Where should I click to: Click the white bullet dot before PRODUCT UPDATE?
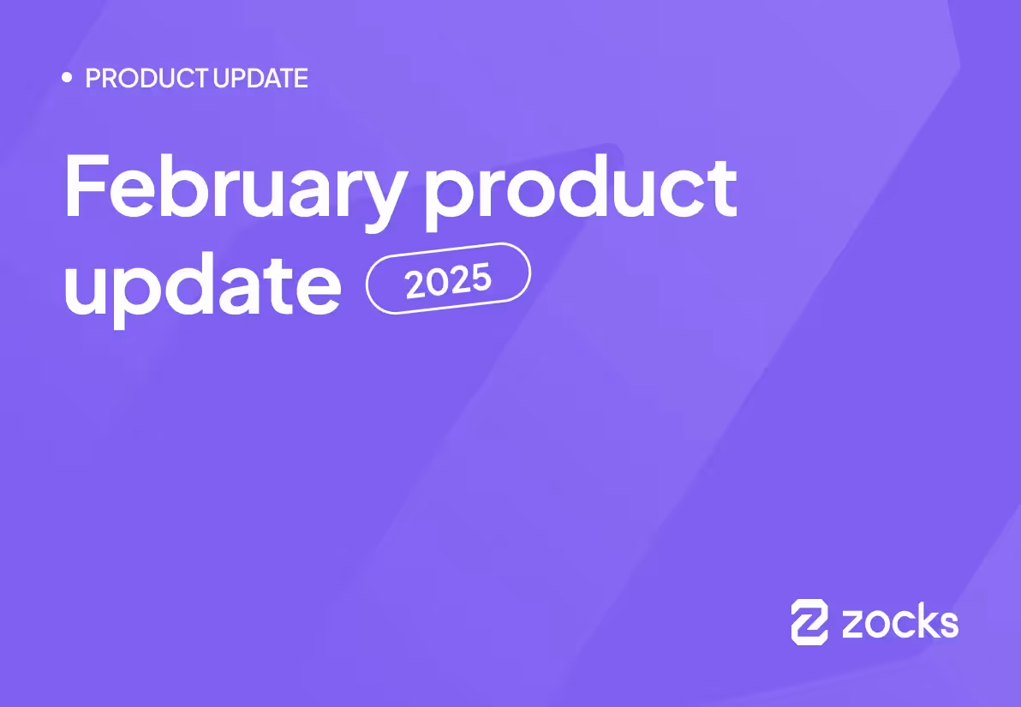(x=68, y=78)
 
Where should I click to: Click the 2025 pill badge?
(x=448, y=279)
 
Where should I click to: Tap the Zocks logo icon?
(x=809, y=621)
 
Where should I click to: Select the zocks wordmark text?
(x=899, y=622)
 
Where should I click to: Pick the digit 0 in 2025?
(x=435, y=284)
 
